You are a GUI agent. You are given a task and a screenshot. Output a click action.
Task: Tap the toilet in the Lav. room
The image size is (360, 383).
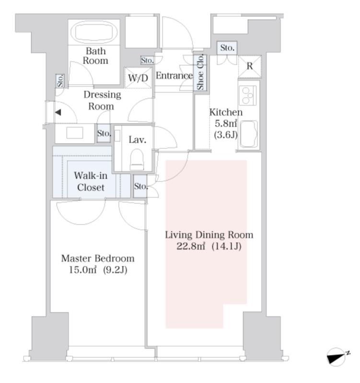coord(137,159)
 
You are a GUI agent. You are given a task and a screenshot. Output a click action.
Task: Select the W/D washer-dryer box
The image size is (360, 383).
coord(138,78)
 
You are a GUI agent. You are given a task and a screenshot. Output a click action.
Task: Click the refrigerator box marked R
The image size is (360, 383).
coord(250,67)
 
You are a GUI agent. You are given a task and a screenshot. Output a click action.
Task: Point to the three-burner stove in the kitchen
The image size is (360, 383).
coord(247,95)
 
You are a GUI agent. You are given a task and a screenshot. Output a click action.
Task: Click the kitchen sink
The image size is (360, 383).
coord(249,134)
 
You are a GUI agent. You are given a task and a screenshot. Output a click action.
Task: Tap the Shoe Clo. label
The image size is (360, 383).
coord(200,72)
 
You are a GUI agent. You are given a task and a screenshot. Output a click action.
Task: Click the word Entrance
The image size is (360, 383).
coord(174,76)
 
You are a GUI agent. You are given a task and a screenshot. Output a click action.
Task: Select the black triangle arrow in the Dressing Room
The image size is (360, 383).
coord(58,113)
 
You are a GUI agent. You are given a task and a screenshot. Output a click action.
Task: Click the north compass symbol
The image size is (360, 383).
coord(337,357)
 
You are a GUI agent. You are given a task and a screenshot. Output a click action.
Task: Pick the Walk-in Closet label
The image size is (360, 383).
coord(91,181)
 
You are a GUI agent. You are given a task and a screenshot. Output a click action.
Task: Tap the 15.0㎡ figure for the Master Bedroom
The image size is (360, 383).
coord(82,270)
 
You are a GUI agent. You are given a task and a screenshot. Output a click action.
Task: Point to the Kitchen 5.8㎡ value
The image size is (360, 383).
coord(226,124)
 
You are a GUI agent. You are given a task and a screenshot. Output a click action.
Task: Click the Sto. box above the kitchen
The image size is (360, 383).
coord(227,48)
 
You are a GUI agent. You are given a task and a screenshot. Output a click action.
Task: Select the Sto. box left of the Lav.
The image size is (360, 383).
coord(104,134)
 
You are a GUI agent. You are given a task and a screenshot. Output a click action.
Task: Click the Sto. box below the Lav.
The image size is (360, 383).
coord(140,186)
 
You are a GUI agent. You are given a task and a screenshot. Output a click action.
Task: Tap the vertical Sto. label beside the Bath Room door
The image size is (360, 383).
coord(60,81)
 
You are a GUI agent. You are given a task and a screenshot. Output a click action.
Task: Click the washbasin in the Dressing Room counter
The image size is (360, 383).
coord(75,133)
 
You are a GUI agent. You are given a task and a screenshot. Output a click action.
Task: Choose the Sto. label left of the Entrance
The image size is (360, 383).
coord(147,60)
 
